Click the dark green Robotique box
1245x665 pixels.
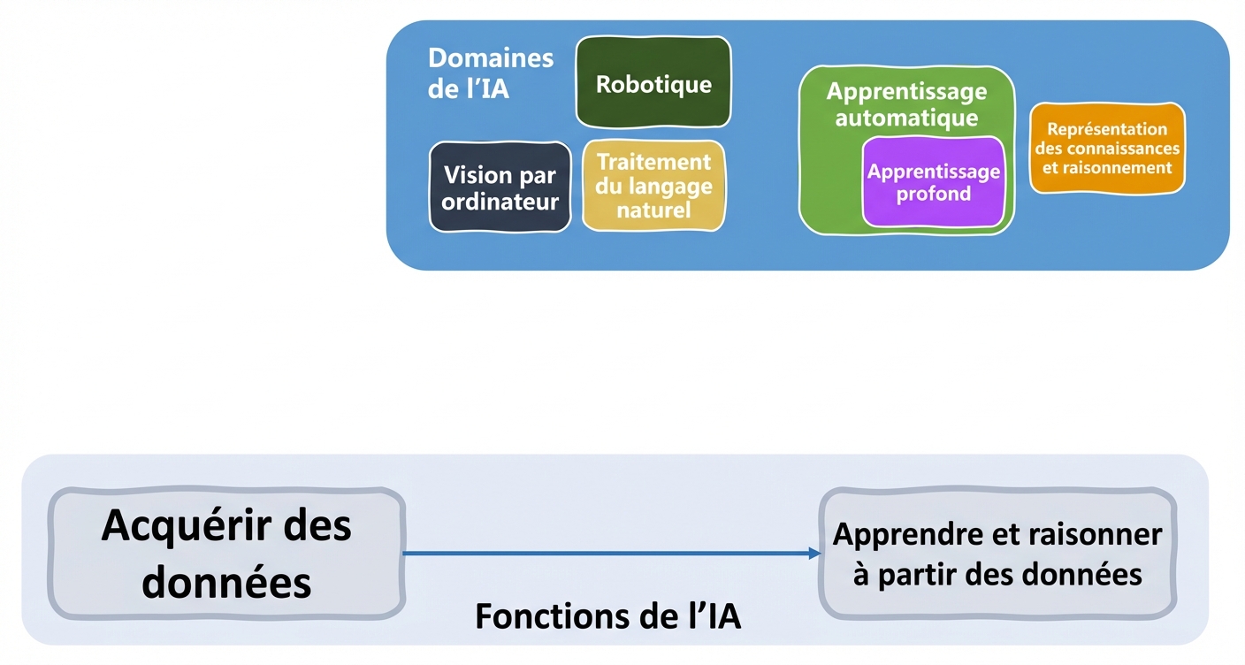(x=653, y=83)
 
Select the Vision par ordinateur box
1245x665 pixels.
(x=500, y=187)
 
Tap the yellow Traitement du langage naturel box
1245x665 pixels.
(x=653, y=186)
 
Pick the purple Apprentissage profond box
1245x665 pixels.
(x=934, y=182)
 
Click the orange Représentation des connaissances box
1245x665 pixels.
(x=1107, y=148)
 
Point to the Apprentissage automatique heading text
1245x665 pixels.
(x=906, y=104)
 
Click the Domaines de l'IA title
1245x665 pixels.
(x=491, y=73)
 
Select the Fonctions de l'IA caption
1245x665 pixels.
(x=607, y=616)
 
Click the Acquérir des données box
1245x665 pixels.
(x=226, y=554)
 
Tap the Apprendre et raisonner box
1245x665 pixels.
(x=997, y=554)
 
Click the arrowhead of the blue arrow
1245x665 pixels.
(x=814, y=554)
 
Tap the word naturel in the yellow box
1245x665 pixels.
(x=653, y=210)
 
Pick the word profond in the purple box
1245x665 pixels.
(x=934, y=194)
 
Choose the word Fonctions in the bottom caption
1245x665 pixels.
(x=540, y=616)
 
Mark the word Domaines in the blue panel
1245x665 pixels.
(x=491, y=58)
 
